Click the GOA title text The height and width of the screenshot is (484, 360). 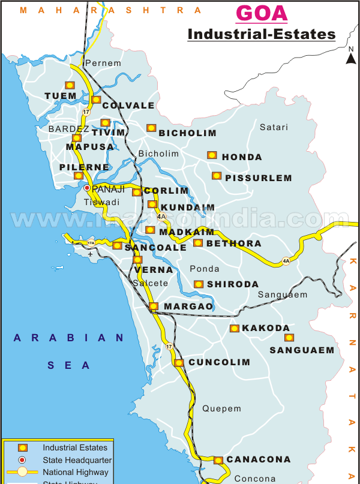261,13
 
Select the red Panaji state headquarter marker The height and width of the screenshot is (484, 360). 87,188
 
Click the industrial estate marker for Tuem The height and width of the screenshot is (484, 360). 70,85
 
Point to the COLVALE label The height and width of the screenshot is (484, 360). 128,106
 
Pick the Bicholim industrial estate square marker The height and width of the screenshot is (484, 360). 151,128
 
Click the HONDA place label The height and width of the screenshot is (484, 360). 242,157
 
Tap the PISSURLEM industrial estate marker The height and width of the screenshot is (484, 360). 216,176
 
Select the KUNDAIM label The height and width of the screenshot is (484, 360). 188,208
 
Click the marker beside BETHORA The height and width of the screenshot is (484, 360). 198,243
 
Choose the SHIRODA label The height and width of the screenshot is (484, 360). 233,284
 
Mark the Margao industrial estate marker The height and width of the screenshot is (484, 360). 154,306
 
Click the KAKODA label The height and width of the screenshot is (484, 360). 265,328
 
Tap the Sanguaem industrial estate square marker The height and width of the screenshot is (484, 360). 289,338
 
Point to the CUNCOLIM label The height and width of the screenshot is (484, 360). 219,362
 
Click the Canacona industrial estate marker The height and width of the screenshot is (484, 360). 218,460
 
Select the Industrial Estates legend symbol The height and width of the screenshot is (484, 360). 22,447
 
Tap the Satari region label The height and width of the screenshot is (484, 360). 274,127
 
